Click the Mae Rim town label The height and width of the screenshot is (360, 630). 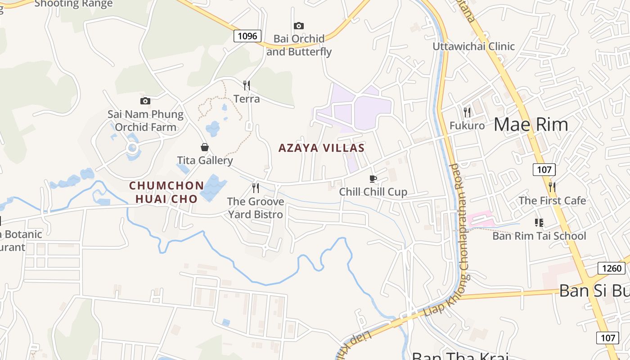(531, 124)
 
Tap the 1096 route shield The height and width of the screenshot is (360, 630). (247, 36)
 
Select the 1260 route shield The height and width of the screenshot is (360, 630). (612, 269)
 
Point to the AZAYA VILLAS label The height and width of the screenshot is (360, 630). (321, 148)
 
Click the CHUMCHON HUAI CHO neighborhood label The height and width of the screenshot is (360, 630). (166, 192)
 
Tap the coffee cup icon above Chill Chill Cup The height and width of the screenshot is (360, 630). (373, 179)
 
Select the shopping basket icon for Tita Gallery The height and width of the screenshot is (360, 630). (205, 147)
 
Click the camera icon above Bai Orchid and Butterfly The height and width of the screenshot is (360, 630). (299, 26)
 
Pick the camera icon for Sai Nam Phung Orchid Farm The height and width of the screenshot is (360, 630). (145, 101)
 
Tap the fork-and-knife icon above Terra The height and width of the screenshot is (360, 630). (247, 85)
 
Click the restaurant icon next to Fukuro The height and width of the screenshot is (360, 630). (467, 112)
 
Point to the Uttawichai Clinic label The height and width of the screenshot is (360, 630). (473, 46)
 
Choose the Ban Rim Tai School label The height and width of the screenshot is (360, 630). (539, 236)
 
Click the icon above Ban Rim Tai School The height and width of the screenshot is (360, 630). (539, 223)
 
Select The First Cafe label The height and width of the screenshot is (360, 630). (552, 201)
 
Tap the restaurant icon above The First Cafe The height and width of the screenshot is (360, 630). (552, 187)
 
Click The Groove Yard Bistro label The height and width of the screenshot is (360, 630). (256, 208)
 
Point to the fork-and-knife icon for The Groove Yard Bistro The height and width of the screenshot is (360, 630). (256, 188)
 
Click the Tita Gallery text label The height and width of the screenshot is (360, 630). (205, 160)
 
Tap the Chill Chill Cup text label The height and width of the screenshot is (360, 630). (373, 192)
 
